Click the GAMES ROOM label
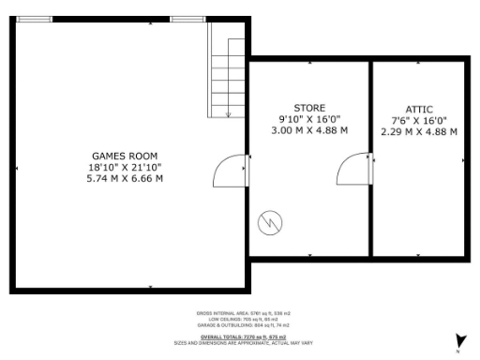pos(124,155)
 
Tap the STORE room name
pos(309,108)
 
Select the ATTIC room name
pos(418,108)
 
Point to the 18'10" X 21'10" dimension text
pos(124,167)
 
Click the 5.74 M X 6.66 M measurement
pos(124,178)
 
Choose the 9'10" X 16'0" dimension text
pos(309,119)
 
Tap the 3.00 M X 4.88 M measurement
pos(309,130)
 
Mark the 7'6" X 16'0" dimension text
pos(418,120)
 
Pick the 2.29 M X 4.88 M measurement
pos(418,131)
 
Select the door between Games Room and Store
pos(231,172)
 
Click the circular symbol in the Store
pos(270,222)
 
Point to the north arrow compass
pos(458,342)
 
